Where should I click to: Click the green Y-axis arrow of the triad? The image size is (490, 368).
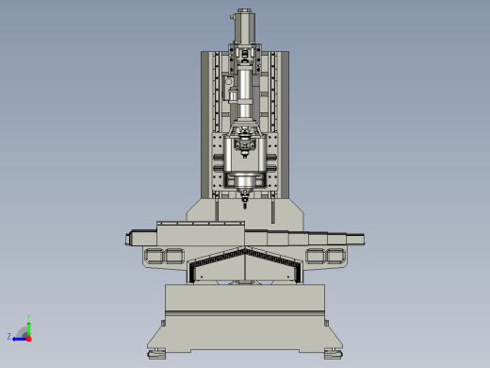[x=28, y=326]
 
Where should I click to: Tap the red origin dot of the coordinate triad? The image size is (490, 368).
[x=28, y=336]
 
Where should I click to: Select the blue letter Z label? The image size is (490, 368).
[x=9, y=337]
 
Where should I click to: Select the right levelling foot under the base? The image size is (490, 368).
[x=334, y=354]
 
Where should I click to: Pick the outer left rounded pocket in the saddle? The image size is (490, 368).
[x=152, y=256]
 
